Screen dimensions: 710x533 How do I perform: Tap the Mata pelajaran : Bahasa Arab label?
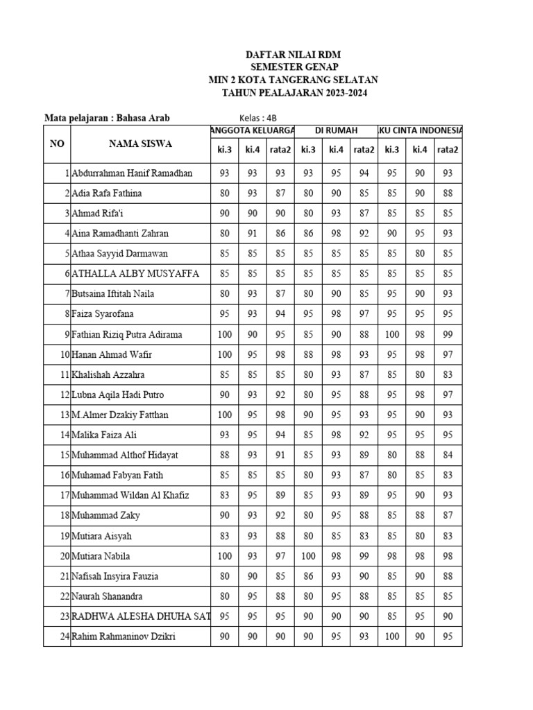107,118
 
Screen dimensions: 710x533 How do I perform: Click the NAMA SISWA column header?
140,144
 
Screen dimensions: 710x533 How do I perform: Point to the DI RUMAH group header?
336,130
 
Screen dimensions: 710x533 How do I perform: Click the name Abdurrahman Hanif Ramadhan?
132,173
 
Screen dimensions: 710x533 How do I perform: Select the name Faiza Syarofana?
103,314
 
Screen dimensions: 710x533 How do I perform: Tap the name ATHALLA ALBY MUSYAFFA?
135,274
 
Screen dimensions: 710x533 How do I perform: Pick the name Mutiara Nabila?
101,556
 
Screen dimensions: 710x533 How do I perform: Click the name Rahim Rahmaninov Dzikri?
123,637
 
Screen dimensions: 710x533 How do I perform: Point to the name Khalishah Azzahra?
108,374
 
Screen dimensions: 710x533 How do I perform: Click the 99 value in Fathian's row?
448,335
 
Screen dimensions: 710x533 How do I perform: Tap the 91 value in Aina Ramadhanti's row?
252,234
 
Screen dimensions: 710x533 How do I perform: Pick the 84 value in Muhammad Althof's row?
448,456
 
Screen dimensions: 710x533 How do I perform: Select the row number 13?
65,415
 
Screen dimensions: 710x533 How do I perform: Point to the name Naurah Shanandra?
106,596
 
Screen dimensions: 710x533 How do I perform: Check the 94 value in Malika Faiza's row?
280,435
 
